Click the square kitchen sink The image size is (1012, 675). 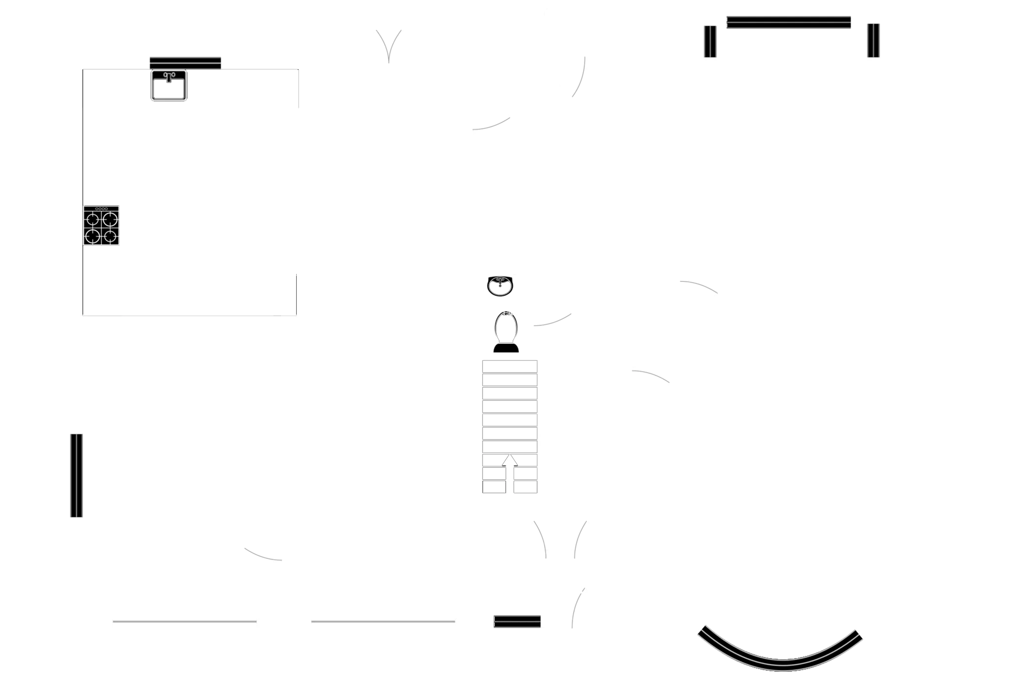point(169,86)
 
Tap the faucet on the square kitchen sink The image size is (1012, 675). point(169,77)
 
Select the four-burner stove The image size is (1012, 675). point(102,226)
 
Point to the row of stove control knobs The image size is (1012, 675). point(101,209)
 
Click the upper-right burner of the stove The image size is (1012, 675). point(110,218)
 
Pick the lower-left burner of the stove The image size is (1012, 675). point(93,236)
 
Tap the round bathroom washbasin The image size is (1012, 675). point(500,286)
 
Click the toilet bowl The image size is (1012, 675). point(505,326)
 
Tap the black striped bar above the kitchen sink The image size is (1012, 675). point(185,63)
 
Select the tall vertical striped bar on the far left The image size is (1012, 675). point(77,475)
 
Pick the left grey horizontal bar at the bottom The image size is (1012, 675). point(184,622)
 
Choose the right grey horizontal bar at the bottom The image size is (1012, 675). point(383,622)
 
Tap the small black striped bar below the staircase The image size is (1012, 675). point(517,622)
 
